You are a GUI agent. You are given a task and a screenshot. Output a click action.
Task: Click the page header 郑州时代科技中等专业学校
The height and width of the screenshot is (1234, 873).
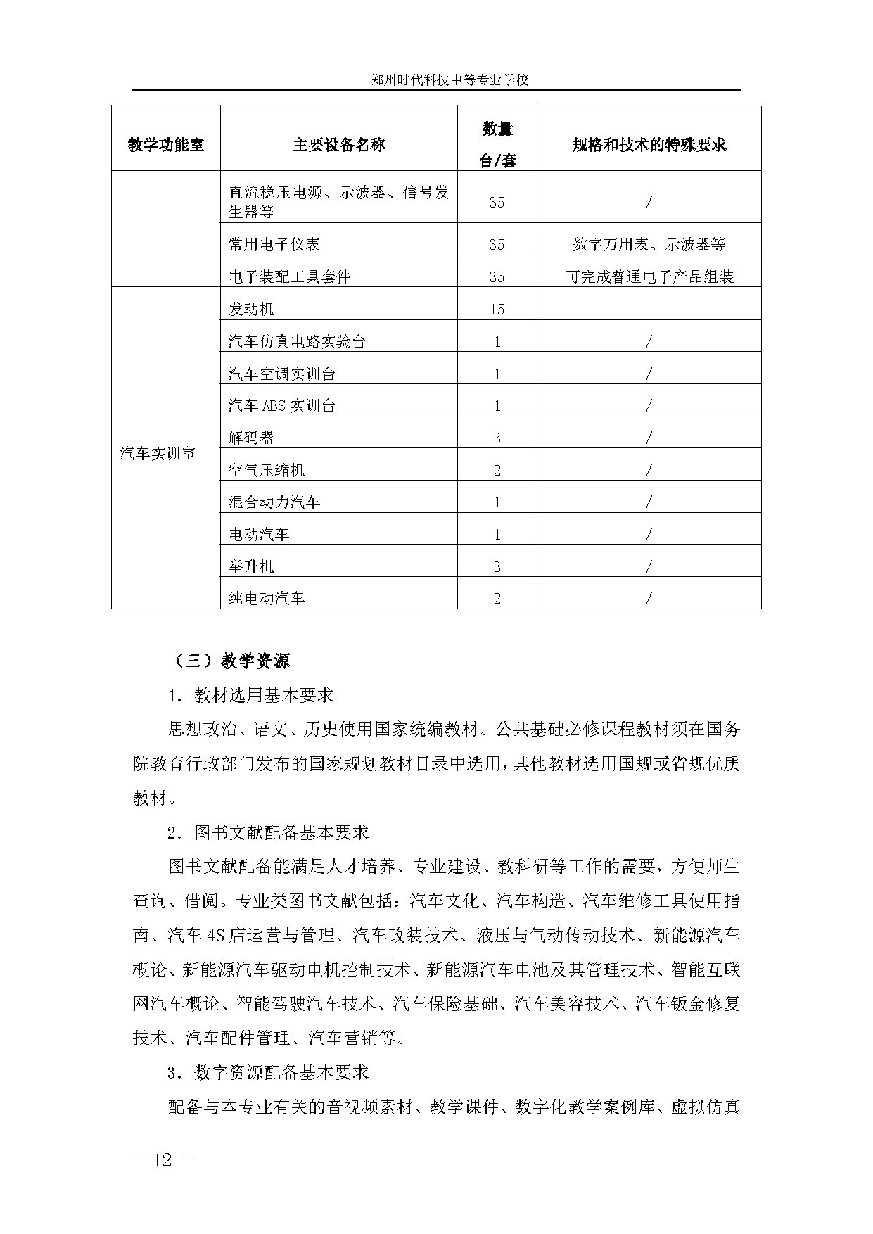(x=450, y=80)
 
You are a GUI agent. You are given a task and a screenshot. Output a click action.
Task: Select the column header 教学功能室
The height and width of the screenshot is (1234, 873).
(x=165, y=145)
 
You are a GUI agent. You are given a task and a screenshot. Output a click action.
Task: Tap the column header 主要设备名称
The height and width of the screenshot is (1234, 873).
(x=338, y=145)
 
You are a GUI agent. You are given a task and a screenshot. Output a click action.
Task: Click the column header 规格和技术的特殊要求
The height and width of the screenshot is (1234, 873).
(x=649, y=145)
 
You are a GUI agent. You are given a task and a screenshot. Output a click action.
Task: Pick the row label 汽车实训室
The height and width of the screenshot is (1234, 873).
(x=158, y=454)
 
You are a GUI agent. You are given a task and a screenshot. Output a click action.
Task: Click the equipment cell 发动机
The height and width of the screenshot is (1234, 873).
(x=251, y=309)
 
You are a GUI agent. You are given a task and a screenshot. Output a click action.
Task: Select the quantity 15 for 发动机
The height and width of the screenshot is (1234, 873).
(x=497, y=310)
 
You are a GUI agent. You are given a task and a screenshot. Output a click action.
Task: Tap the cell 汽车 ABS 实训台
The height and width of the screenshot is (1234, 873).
(x=282, y=406)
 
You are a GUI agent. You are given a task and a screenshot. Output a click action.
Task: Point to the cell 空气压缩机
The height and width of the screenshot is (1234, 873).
(x=267, y=470)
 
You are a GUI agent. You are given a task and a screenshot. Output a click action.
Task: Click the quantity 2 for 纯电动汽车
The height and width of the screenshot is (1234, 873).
(x=497, y=599)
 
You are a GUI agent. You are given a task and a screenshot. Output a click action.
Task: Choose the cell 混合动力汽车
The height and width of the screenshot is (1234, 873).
(x=274, y=502)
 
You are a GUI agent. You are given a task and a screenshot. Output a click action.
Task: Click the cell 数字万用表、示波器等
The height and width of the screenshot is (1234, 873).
(x=649, y=245)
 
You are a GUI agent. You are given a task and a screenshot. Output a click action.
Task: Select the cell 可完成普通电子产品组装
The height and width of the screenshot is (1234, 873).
(x=649, y=277)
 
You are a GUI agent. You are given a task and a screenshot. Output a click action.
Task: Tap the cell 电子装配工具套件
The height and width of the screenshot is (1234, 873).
(x=289, y=277)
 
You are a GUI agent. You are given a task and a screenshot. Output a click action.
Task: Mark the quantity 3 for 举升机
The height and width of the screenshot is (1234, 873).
(x=497, y=567)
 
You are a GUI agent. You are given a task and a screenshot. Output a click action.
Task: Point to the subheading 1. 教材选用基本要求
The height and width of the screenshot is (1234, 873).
(x=250, y=696)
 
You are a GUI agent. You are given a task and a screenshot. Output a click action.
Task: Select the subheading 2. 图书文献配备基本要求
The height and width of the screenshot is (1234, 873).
(x=268, y=833)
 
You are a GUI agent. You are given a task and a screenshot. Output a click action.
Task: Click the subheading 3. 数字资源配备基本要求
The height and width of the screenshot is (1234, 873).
(x=268, y=1073)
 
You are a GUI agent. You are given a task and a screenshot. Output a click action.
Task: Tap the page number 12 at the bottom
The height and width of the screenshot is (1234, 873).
(x=162, y=1160)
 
